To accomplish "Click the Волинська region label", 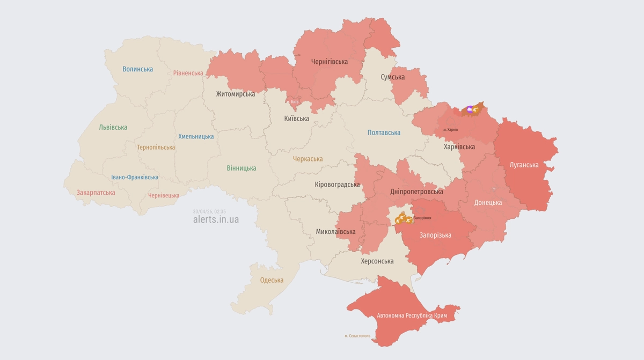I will click(137, 69).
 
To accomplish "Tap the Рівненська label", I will click(188, 73).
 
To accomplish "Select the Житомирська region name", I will click(235, 94).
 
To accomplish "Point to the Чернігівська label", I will click(330, 62).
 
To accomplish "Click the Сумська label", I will click(392, 77).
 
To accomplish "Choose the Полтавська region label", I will click(384, 133).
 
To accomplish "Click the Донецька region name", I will click(488, 203).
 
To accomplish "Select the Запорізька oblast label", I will click(435, 235).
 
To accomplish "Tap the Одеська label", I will click(272, 280).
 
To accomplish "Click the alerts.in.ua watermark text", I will click(216, 219).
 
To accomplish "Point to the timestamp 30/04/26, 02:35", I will click(209, 211).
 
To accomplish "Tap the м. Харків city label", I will click(450, 129).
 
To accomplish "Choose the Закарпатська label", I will click(96, 192).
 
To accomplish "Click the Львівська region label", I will click(113, 127).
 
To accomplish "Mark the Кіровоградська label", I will click(337, 184).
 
